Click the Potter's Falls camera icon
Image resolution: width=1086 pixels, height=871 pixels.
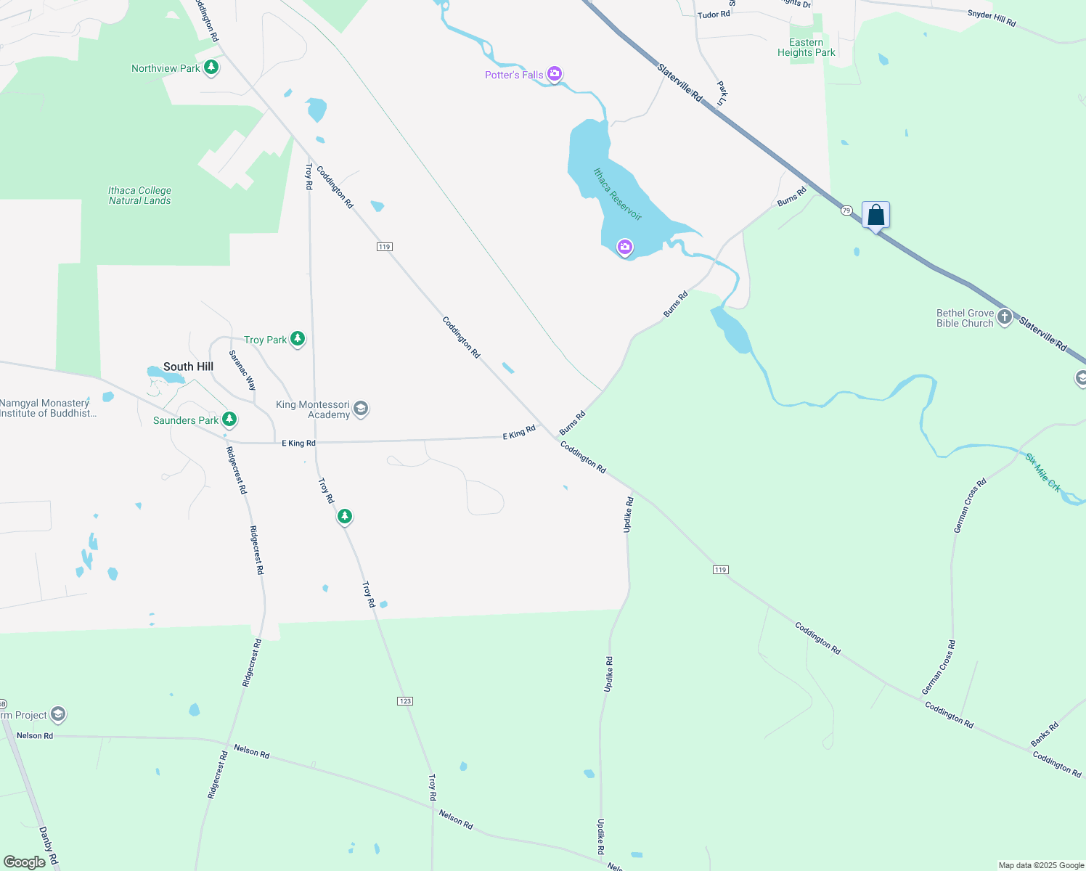555,73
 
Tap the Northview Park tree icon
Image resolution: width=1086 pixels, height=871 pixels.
211,68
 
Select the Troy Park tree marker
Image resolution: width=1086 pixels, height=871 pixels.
297,339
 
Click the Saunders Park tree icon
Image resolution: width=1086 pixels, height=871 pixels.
229,420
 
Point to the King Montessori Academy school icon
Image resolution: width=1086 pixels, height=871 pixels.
361,409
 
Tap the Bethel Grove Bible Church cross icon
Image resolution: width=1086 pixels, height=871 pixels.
1005,317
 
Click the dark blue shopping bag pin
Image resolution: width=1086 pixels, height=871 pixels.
876,216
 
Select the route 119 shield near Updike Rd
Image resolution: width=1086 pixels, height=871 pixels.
720,570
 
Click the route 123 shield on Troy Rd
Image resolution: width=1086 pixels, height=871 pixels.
405,701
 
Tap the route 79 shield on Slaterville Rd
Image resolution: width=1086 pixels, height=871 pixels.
846,210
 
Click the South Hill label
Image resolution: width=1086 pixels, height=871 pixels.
188,367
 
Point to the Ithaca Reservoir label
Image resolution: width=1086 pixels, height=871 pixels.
618,195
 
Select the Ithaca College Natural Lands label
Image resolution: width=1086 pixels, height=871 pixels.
139,195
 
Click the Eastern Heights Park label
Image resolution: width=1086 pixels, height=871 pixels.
806,48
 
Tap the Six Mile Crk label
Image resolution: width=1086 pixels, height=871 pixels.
1043,473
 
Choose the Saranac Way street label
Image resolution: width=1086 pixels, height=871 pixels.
242,370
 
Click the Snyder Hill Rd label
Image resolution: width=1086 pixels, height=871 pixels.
992,18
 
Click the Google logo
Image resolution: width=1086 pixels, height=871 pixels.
24,862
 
